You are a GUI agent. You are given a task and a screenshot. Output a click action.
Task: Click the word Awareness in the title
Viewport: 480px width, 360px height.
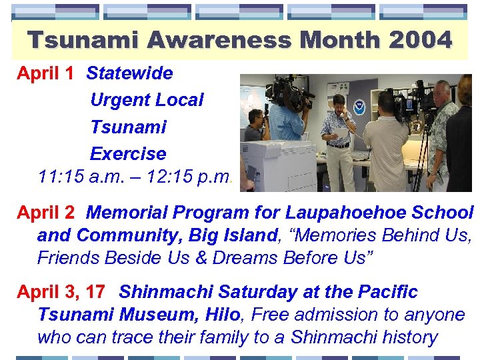220,40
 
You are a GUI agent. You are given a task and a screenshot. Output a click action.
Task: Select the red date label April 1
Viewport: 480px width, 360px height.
45,73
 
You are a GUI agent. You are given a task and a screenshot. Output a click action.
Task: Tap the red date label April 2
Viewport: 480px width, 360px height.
45,213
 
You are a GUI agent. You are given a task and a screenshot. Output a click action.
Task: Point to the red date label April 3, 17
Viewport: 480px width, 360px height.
61,292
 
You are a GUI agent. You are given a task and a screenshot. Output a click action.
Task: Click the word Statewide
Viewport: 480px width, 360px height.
129,73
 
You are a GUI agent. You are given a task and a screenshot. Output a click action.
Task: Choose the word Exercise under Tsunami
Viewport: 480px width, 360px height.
128,153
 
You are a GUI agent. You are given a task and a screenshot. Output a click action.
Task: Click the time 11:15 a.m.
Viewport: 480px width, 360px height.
75,177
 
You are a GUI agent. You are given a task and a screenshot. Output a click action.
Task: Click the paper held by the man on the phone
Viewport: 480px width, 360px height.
341,133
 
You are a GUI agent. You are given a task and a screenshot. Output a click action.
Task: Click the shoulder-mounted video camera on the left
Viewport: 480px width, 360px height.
287,93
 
